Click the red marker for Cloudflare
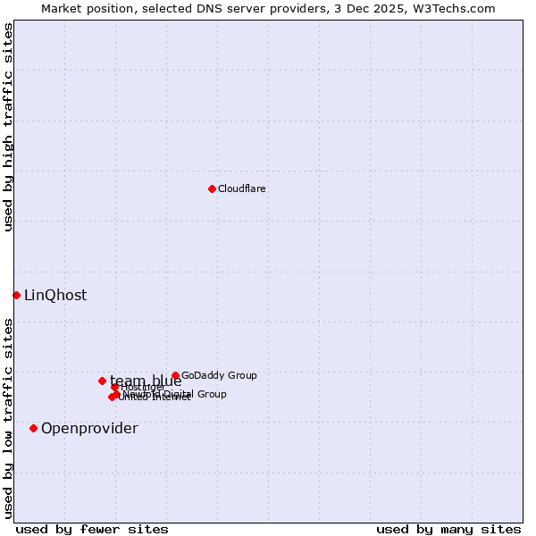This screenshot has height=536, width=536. (x=212, y=188)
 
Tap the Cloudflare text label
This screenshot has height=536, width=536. (x=242, y=188)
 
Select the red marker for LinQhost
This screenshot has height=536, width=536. (x=16, y=295)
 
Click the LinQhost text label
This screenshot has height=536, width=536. (x=55, y=296)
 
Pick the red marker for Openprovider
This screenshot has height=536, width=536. (x=34, y=428)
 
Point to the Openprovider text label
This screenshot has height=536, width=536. (x=89, y=429)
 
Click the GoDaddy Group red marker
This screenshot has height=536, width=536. (x=175, y=376)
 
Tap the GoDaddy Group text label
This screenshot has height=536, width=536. (x=219, y=376)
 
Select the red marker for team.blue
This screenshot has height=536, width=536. (x=102, y=381)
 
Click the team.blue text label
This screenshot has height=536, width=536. (x=146, y=381)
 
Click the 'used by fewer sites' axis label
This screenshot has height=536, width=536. (x=92, y=529)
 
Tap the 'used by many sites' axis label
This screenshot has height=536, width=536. (x=448, y=529)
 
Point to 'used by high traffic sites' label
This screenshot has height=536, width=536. (x=8, y=127)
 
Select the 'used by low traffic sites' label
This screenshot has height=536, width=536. (x=8, y=417)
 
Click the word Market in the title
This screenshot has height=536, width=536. (x=62, y=8)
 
